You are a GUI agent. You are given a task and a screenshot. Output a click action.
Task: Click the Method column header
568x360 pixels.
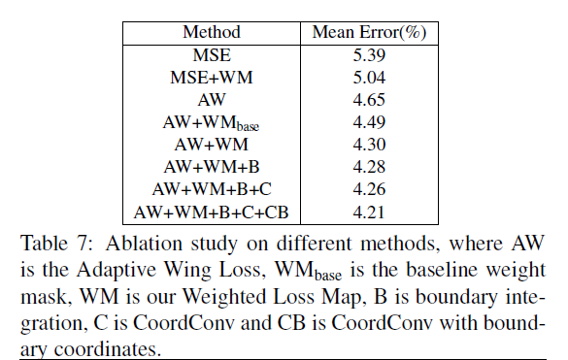[x=212, y=32]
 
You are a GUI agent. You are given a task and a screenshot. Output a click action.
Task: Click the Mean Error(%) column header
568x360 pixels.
[x=370, y=32]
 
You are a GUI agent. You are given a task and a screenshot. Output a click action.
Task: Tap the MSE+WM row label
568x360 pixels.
[x=212, y=77]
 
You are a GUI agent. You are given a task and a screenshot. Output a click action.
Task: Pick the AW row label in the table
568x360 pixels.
[x=212, y=99]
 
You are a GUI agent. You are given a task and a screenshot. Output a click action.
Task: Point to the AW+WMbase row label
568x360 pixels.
[x=212, y=122]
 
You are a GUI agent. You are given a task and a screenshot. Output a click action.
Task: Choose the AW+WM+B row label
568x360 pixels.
[x=212, y=166]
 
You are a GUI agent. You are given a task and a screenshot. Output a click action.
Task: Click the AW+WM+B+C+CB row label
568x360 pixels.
[x=212, y=211]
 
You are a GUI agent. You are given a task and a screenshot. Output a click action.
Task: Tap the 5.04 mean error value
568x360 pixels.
[x=370, y=77]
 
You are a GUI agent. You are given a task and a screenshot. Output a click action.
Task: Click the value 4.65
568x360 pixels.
[x=370, y=99]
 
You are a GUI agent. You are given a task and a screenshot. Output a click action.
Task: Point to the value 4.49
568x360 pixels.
[x=370, y=121]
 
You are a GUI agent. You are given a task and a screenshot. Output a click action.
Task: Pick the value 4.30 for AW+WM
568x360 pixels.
[x=370, y=144]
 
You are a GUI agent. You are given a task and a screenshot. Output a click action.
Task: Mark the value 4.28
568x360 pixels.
[x=370, y=166]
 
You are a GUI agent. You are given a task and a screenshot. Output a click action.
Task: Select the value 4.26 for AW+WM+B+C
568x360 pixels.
[x=370, y=188]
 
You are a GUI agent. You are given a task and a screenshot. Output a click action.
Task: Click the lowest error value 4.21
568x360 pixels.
[x=370, y=211]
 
